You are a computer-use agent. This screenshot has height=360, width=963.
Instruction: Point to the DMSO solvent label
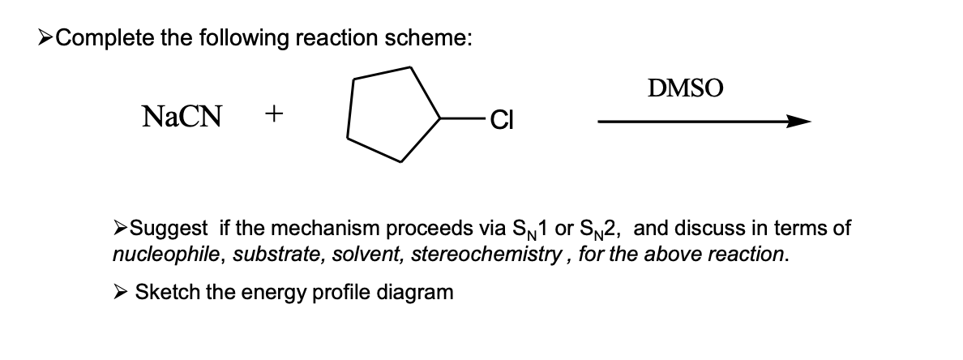tap(686, 87)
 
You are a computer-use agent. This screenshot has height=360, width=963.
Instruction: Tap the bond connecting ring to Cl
tap(463, 121)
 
